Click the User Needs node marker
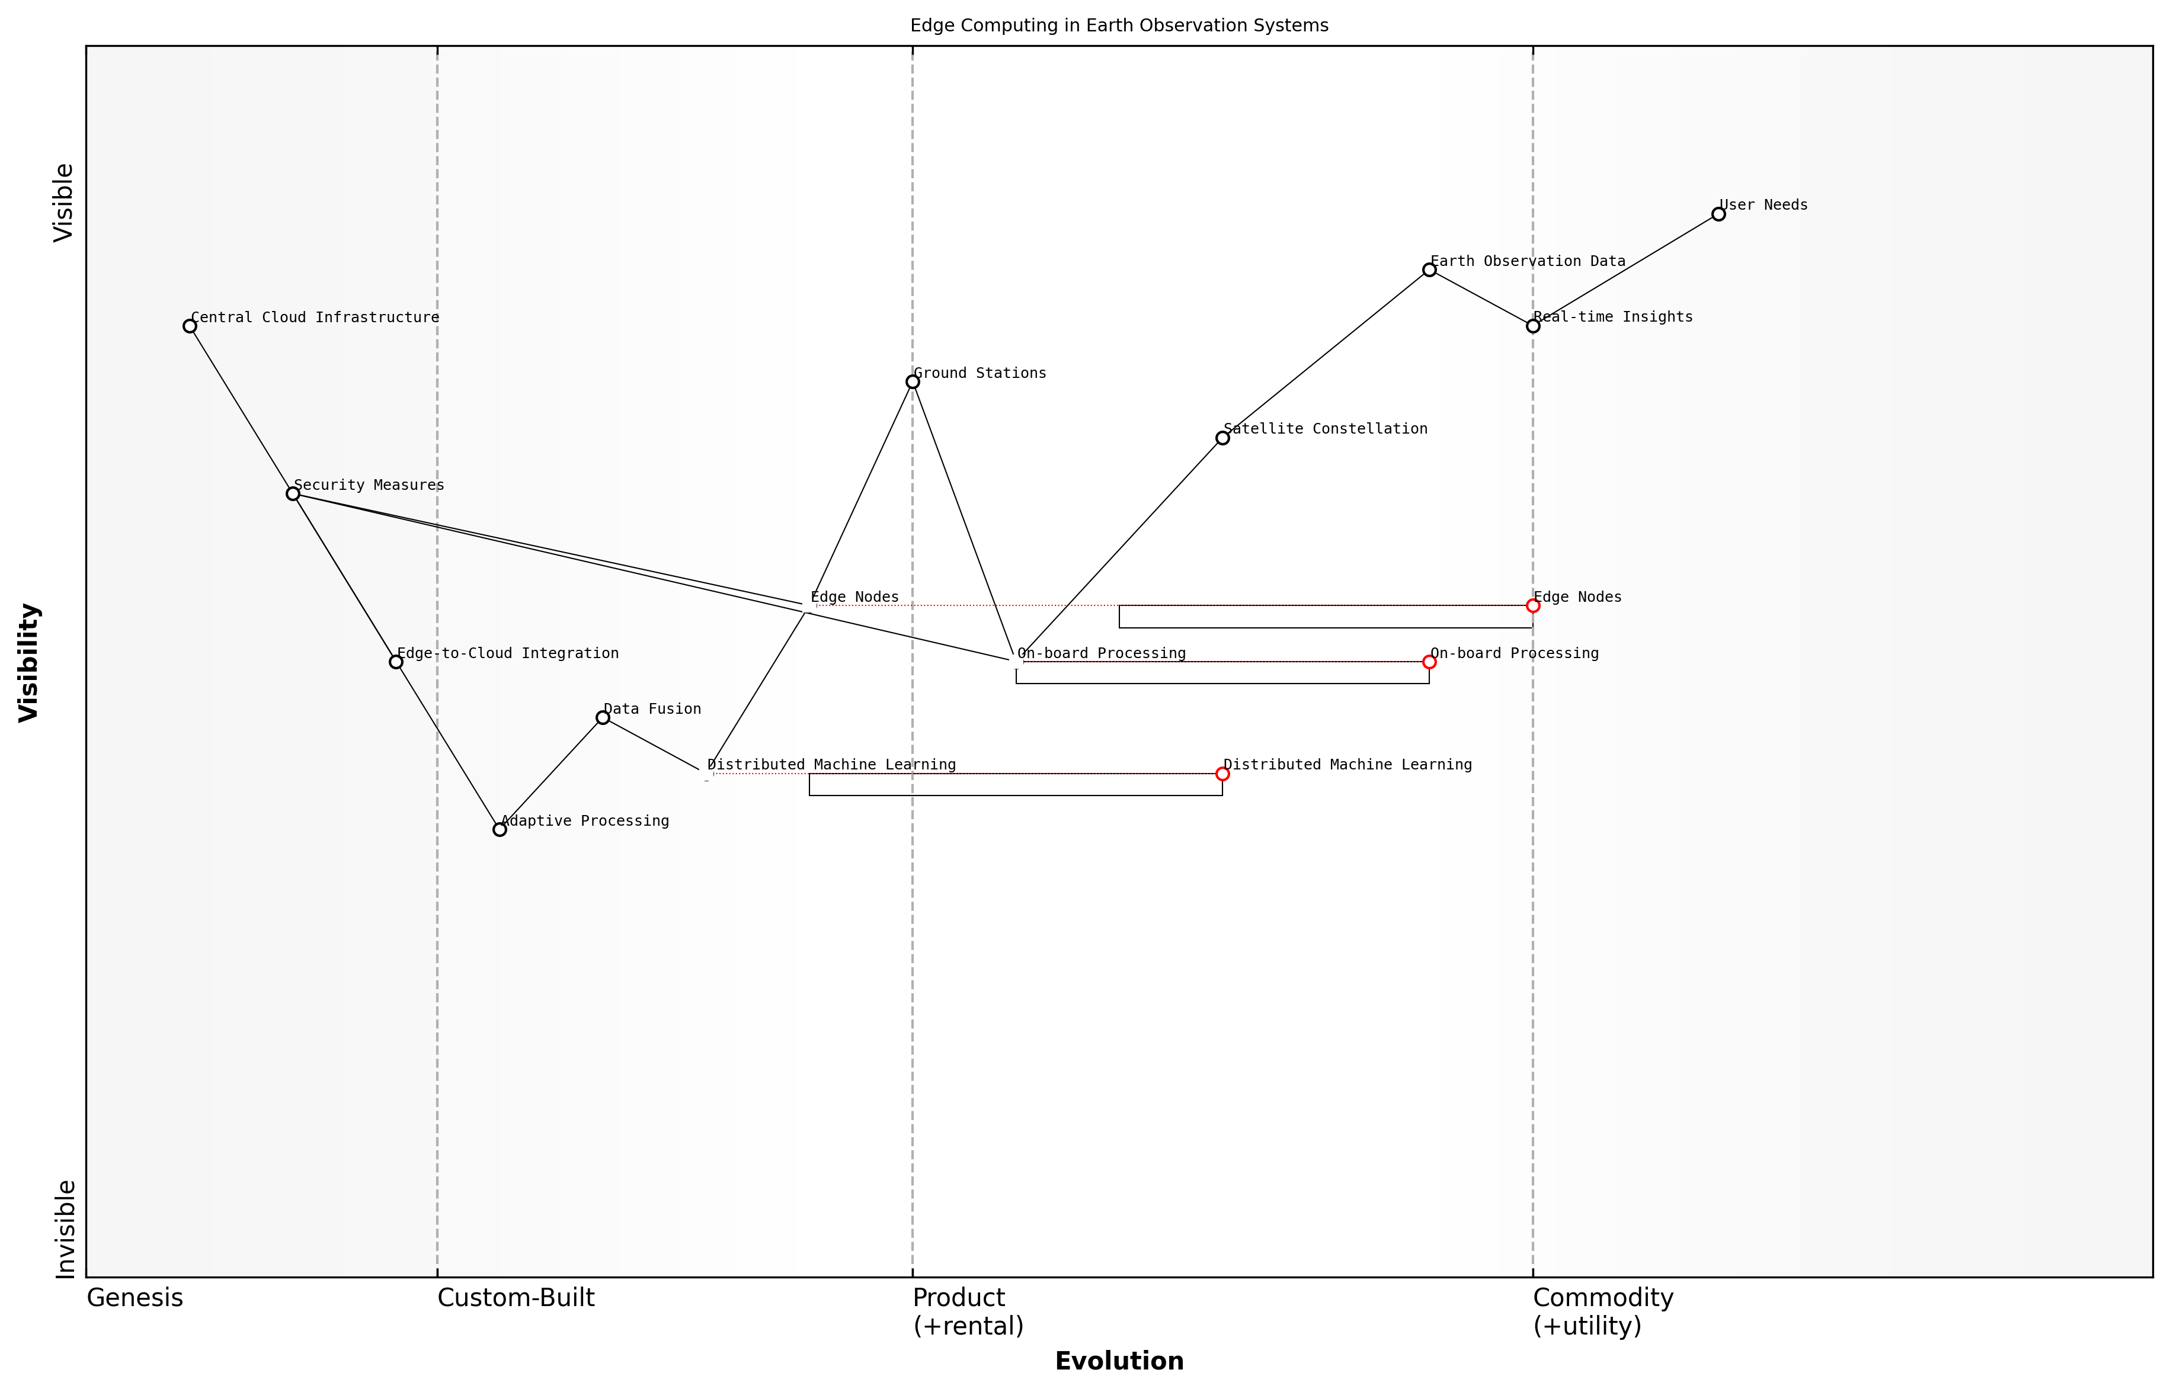pos(1718,214)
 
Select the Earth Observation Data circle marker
pos(1429,270)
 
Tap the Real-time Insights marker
pos(1532,326)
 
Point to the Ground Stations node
pos(913,382)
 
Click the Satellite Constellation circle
pos(1222,438)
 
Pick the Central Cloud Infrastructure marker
pos(190,326)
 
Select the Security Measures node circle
pos(293,493)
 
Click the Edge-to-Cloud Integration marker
pos(396,663)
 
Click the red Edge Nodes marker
pos(1532,605)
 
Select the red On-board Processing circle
pos(1429,663)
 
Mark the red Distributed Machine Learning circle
pos(1222,774)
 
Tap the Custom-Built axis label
pos(516,1298)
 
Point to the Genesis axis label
pos(135,1298)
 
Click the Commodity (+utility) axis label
pos(1602,1311)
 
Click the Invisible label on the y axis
pos(64,1229)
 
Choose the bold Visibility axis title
pos(29,663)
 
